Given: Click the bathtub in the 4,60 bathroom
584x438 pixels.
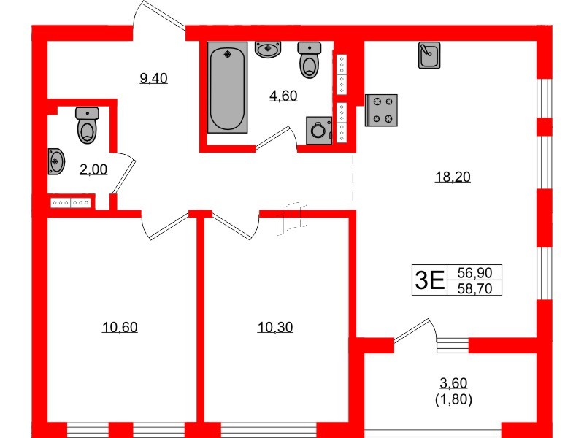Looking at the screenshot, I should (228, 88).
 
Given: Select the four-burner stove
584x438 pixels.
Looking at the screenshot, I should (381, 110).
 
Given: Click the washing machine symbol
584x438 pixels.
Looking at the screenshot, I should (318, 131).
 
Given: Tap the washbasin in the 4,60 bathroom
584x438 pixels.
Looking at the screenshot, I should (269, 50).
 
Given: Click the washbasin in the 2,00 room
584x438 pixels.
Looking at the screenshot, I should (55, 161).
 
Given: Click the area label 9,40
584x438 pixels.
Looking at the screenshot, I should (154, 79).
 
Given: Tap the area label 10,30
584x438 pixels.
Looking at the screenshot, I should (275, 327).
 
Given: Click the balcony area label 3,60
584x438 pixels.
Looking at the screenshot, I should (453, 383).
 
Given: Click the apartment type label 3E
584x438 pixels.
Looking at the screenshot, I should (429, 280).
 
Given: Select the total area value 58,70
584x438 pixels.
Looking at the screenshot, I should (474, 288).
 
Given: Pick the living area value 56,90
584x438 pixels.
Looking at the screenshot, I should (474, 272).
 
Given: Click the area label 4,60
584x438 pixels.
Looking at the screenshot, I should (283, 95).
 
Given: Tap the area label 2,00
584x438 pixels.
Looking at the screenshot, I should (93, 169).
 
